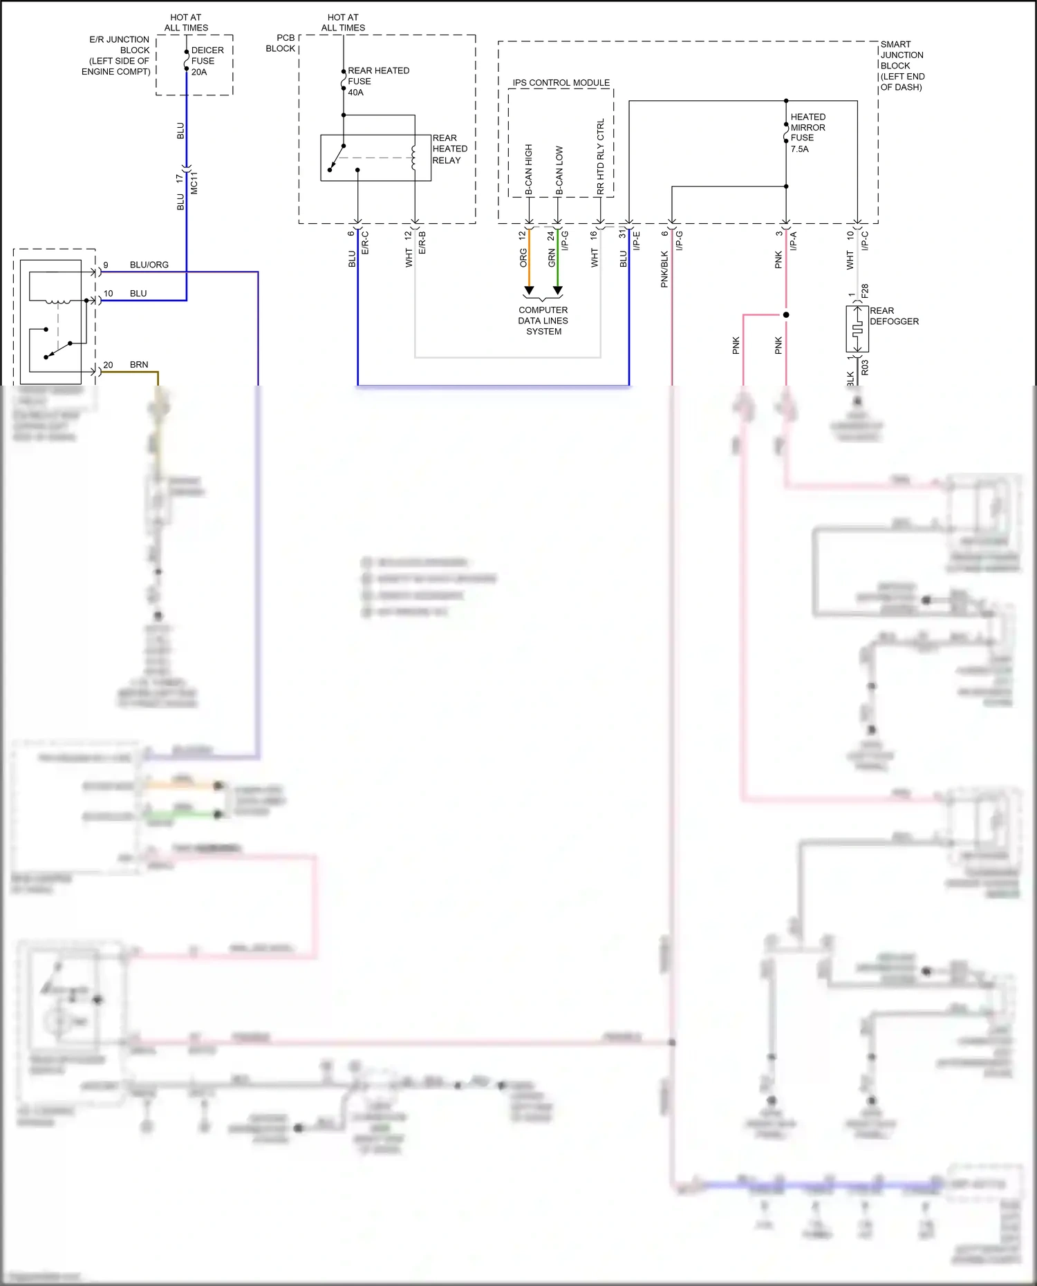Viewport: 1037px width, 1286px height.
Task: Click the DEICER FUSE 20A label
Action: point(207,61)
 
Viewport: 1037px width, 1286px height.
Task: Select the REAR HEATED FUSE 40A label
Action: point(377,81)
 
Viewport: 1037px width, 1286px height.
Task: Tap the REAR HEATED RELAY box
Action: point(375,158)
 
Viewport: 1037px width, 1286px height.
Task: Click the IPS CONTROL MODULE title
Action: point(561,82)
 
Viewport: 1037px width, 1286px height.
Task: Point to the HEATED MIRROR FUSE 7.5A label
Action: point(807,133)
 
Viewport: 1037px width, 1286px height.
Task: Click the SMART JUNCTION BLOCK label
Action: point(901,66)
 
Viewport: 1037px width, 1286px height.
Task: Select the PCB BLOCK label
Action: point(281,43)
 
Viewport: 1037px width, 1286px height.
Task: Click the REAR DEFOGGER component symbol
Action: point(857,330)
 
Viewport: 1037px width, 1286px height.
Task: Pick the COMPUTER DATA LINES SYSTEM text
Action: point(543,321)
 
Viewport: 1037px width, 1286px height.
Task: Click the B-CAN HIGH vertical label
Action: point(529,169)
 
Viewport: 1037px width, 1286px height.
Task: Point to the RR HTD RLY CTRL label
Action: point(600,156)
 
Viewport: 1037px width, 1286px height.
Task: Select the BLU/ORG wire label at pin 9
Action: point(149,265)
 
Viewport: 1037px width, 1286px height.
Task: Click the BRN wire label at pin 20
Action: point(139,364)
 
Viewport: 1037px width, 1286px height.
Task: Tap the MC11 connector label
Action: point(194,182)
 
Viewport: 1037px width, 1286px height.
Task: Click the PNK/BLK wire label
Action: point(664,269)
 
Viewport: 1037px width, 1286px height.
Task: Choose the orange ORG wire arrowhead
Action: point(529,290)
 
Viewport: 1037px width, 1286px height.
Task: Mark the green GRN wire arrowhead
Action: point(558,290)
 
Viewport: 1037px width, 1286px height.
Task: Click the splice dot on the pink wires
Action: point(786,315)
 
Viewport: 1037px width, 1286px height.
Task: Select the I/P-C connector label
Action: point(865,240)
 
